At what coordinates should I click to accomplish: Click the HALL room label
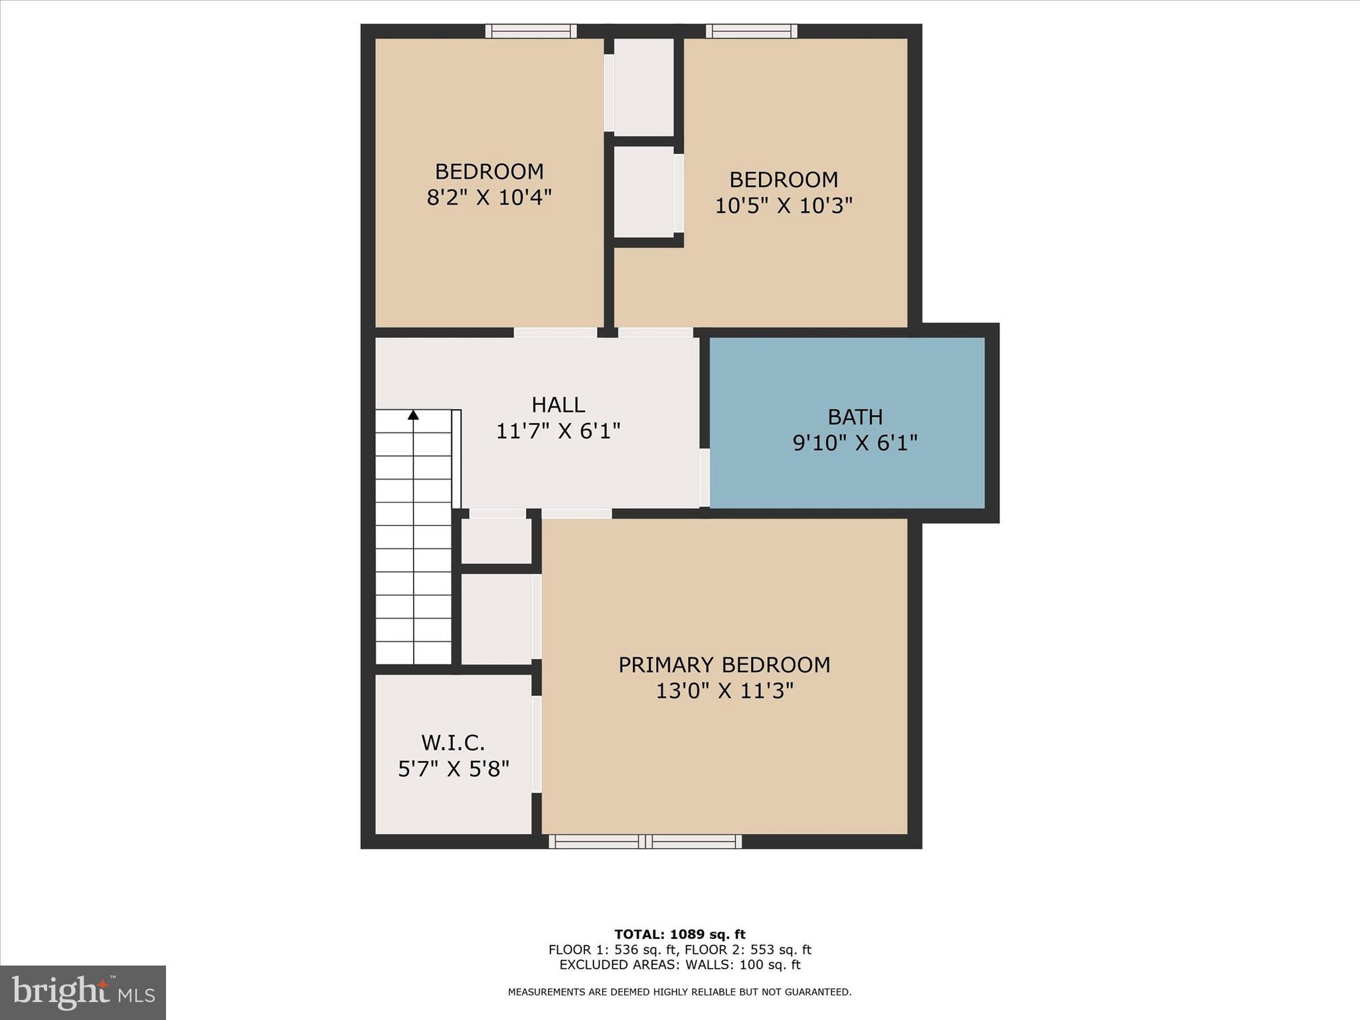tap(558, 404)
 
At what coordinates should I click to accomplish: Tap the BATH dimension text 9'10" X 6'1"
tap(855, 443)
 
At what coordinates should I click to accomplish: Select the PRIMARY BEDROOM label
tap(724, 665)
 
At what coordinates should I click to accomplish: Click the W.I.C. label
tap(453, 742)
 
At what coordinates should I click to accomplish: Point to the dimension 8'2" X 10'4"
tap(489, 197)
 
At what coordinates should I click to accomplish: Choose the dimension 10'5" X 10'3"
tap(783, 206)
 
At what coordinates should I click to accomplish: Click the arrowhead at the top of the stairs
tap(413, 415)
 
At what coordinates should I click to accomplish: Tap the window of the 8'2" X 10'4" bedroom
tap(531, 31)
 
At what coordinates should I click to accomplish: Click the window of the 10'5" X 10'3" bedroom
tap(751, 31)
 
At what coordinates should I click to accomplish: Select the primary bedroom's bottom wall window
tap(645, 841)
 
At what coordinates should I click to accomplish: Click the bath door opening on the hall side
tap(704, 477)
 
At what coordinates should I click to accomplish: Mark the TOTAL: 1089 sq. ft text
tap(679, 934)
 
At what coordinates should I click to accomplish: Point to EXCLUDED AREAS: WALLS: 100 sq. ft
tap(679, 965)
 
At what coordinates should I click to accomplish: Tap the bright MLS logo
tap(83, 993)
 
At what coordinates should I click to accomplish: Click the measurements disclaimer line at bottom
tap(679, 992)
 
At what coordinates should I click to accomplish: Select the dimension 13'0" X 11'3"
tap(724, 691)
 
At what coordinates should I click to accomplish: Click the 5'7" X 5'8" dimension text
tap(453, 769)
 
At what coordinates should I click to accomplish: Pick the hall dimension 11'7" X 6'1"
tap(558, 432)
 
